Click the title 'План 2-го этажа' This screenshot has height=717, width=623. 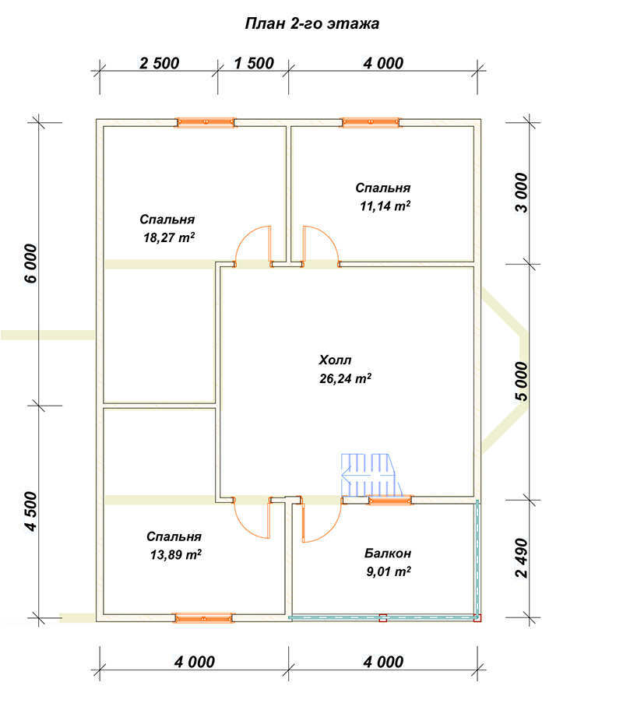click(x=312, y=23)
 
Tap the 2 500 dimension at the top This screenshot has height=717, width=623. click(x=159, y=63)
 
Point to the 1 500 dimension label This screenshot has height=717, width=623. click(x=254, y=63)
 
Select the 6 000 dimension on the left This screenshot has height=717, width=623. click(x=30, y=263)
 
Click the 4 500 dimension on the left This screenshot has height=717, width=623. click(x=30, y=511)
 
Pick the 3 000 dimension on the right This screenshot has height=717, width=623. click(x=522, y=192)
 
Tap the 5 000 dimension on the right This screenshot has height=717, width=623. click(x=522, y=381)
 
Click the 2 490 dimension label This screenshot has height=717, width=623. click(x=522, y=558)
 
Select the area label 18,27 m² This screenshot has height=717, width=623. click(x=169, y=237)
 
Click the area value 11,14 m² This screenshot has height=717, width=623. click(x=385, y=206)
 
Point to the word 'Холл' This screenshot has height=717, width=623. click(x=335, y=360)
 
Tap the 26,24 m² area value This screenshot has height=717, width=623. click(x=345, y=378)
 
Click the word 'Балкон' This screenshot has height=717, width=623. click(x=388, y=554)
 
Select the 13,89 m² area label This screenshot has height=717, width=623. click(x=176, y=554)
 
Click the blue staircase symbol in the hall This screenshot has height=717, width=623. click(x=371, y=476)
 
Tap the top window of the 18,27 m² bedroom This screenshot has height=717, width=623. click(x=206, y=122)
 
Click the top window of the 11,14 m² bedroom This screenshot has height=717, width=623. click(x=371, y=122)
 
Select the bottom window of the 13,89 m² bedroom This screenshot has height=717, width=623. click(x=203, y=618)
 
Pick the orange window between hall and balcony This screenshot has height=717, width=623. click(x=389, y=501)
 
